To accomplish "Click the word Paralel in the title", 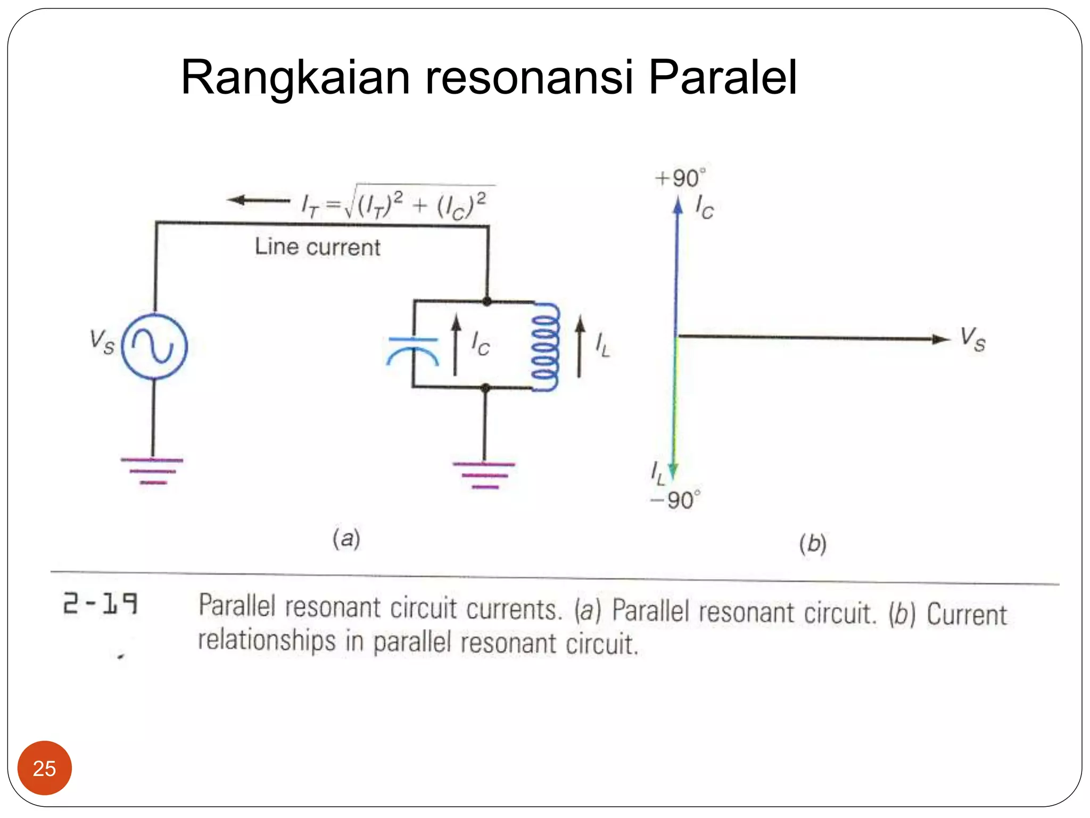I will pos(722,78).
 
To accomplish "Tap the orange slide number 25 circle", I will pos(44,767).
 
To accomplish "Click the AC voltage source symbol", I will pos(154,346).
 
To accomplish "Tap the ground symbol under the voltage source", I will pos(153,471).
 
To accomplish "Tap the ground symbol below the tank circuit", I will pos(484,475).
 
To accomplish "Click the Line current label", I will pos(318,247).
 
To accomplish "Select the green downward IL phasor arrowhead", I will pos(673,471).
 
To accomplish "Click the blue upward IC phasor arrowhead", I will pos(678,206).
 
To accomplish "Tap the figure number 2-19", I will pos(101,603).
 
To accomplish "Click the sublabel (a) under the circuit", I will pos(346,538).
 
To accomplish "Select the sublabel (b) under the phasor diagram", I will pos(813,544).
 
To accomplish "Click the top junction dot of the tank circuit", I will pos(487,301).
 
